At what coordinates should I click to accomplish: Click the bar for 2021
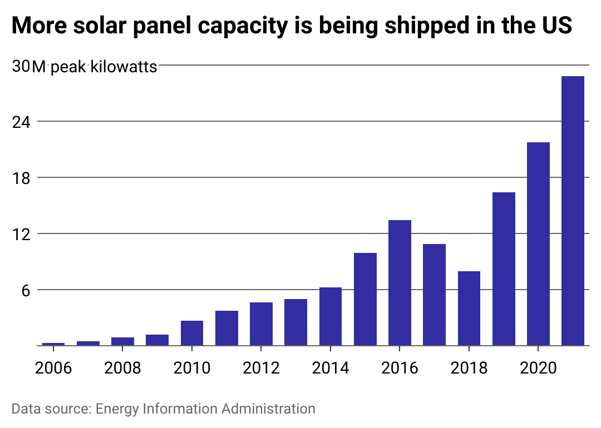(x=573, y=211)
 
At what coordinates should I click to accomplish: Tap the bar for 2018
(x=469, y=308)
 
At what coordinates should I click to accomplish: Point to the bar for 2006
(x=53, y=344)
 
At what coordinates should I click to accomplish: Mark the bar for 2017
(x=434, y=295)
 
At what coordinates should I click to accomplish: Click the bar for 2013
(x=295, y=322)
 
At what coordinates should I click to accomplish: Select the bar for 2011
(x=226, y=328)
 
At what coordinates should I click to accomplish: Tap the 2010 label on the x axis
(x=191, y=368)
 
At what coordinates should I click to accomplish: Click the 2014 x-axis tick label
(x=330, y=368)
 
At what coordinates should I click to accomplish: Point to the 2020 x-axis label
(x=538, y=368)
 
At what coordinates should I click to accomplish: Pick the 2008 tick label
(x=122, y=368)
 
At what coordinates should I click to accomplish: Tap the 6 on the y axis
(x=25, y=290)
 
